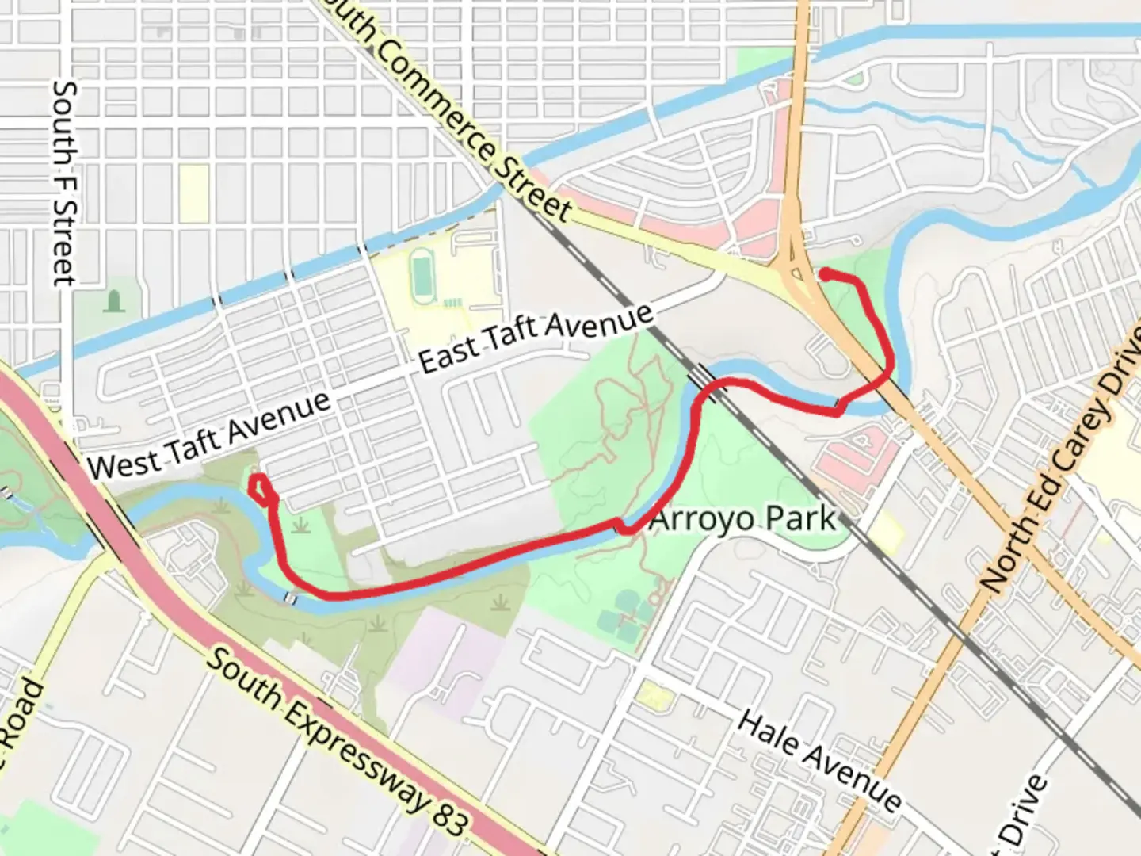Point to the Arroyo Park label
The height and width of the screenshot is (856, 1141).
click(x=742, y=520)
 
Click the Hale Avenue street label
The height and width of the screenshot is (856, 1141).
click(x=820, y=761)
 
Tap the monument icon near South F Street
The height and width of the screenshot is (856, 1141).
click(x=114, y=301)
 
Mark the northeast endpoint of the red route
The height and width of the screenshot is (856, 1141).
click(x=825, y=274)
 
